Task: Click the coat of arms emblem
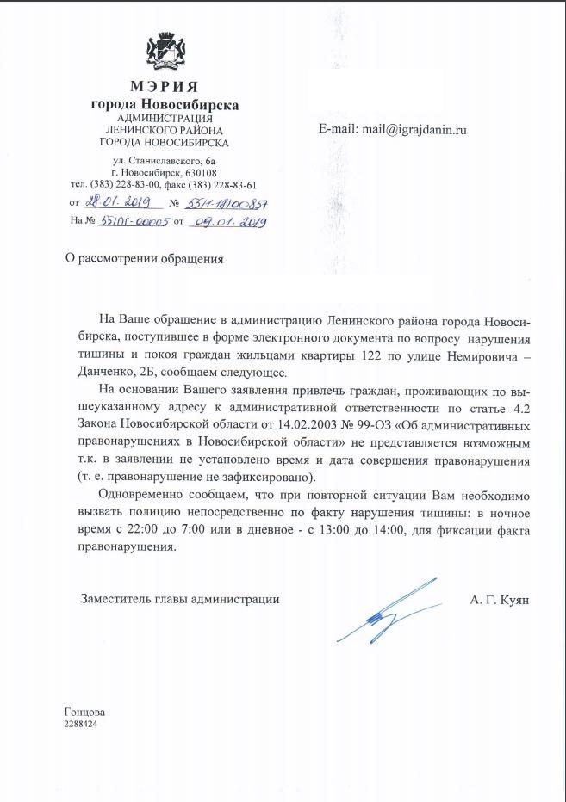pos(164,52)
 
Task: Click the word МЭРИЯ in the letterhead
pos(164,87)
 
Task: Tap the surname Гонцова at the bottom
pos(84,713)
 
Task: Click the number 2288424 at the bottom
pos(80,725)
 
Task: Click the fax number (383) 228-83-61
pos(220,185)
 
